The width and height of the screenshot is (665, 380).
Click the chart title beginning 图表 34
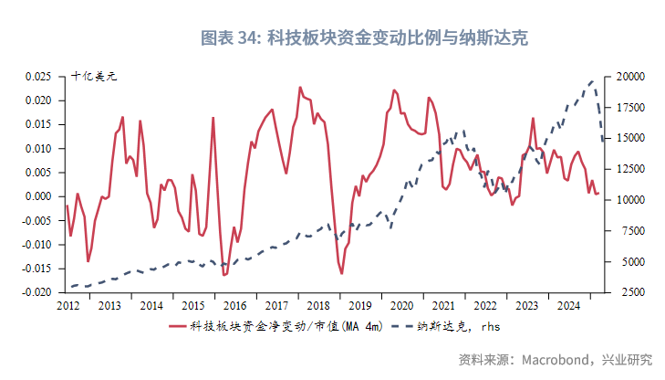pyautogui.click(x=364, y=37)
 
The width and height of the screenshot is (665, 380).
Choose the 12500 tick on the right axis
pyautogui.click(x=632, y=169)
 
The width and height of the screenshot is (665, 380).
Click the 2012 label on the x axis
pyautogui.click(x=68, y=306)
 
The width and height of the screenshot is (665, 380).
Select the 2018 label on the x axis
pyautogui.click(x=317, y=306)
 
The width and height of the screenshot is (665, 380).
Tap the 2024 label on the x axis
pyautogui.click(x=567, y=306)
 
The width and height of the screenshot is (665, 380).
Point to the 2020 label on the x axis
pyautogui.click(x=400, y=306)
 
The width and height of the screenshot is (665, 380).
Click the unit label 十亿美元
pyautogui.click(x=94, y=76)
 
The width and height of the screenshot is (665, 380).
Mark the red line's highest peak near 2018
pyautogui.click(x=300, y=88)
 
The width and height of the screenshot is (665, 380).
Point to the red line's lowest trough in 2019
pyautogui.click(x=342, y=273)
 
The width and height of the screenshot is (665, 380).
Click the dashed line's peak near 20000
pyautogui.click(x=593, y=81)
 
